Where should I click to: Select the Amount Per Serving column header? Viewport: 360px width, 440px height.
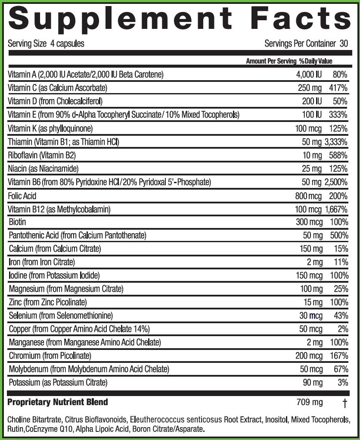pos(271,61)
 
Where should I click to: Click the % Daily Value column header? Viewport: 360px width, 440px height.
pos(316,61)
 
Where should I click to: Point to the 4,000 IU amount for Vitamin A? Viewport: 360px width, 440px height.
pos(309,75)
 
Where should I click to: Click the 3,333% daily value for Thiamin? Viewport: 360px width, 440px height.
pos(336,142)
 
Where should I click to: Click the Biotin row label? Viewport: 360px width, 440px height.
pos(17,222)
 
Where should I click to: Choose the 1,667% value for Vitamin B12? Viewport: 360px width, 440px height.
pos(336,209)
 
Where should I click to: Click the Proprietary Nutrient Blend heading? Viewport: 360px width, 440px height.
pos(58,403)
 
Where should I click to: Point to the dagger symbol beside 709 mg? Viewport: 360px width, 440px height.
pos(344,403)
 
